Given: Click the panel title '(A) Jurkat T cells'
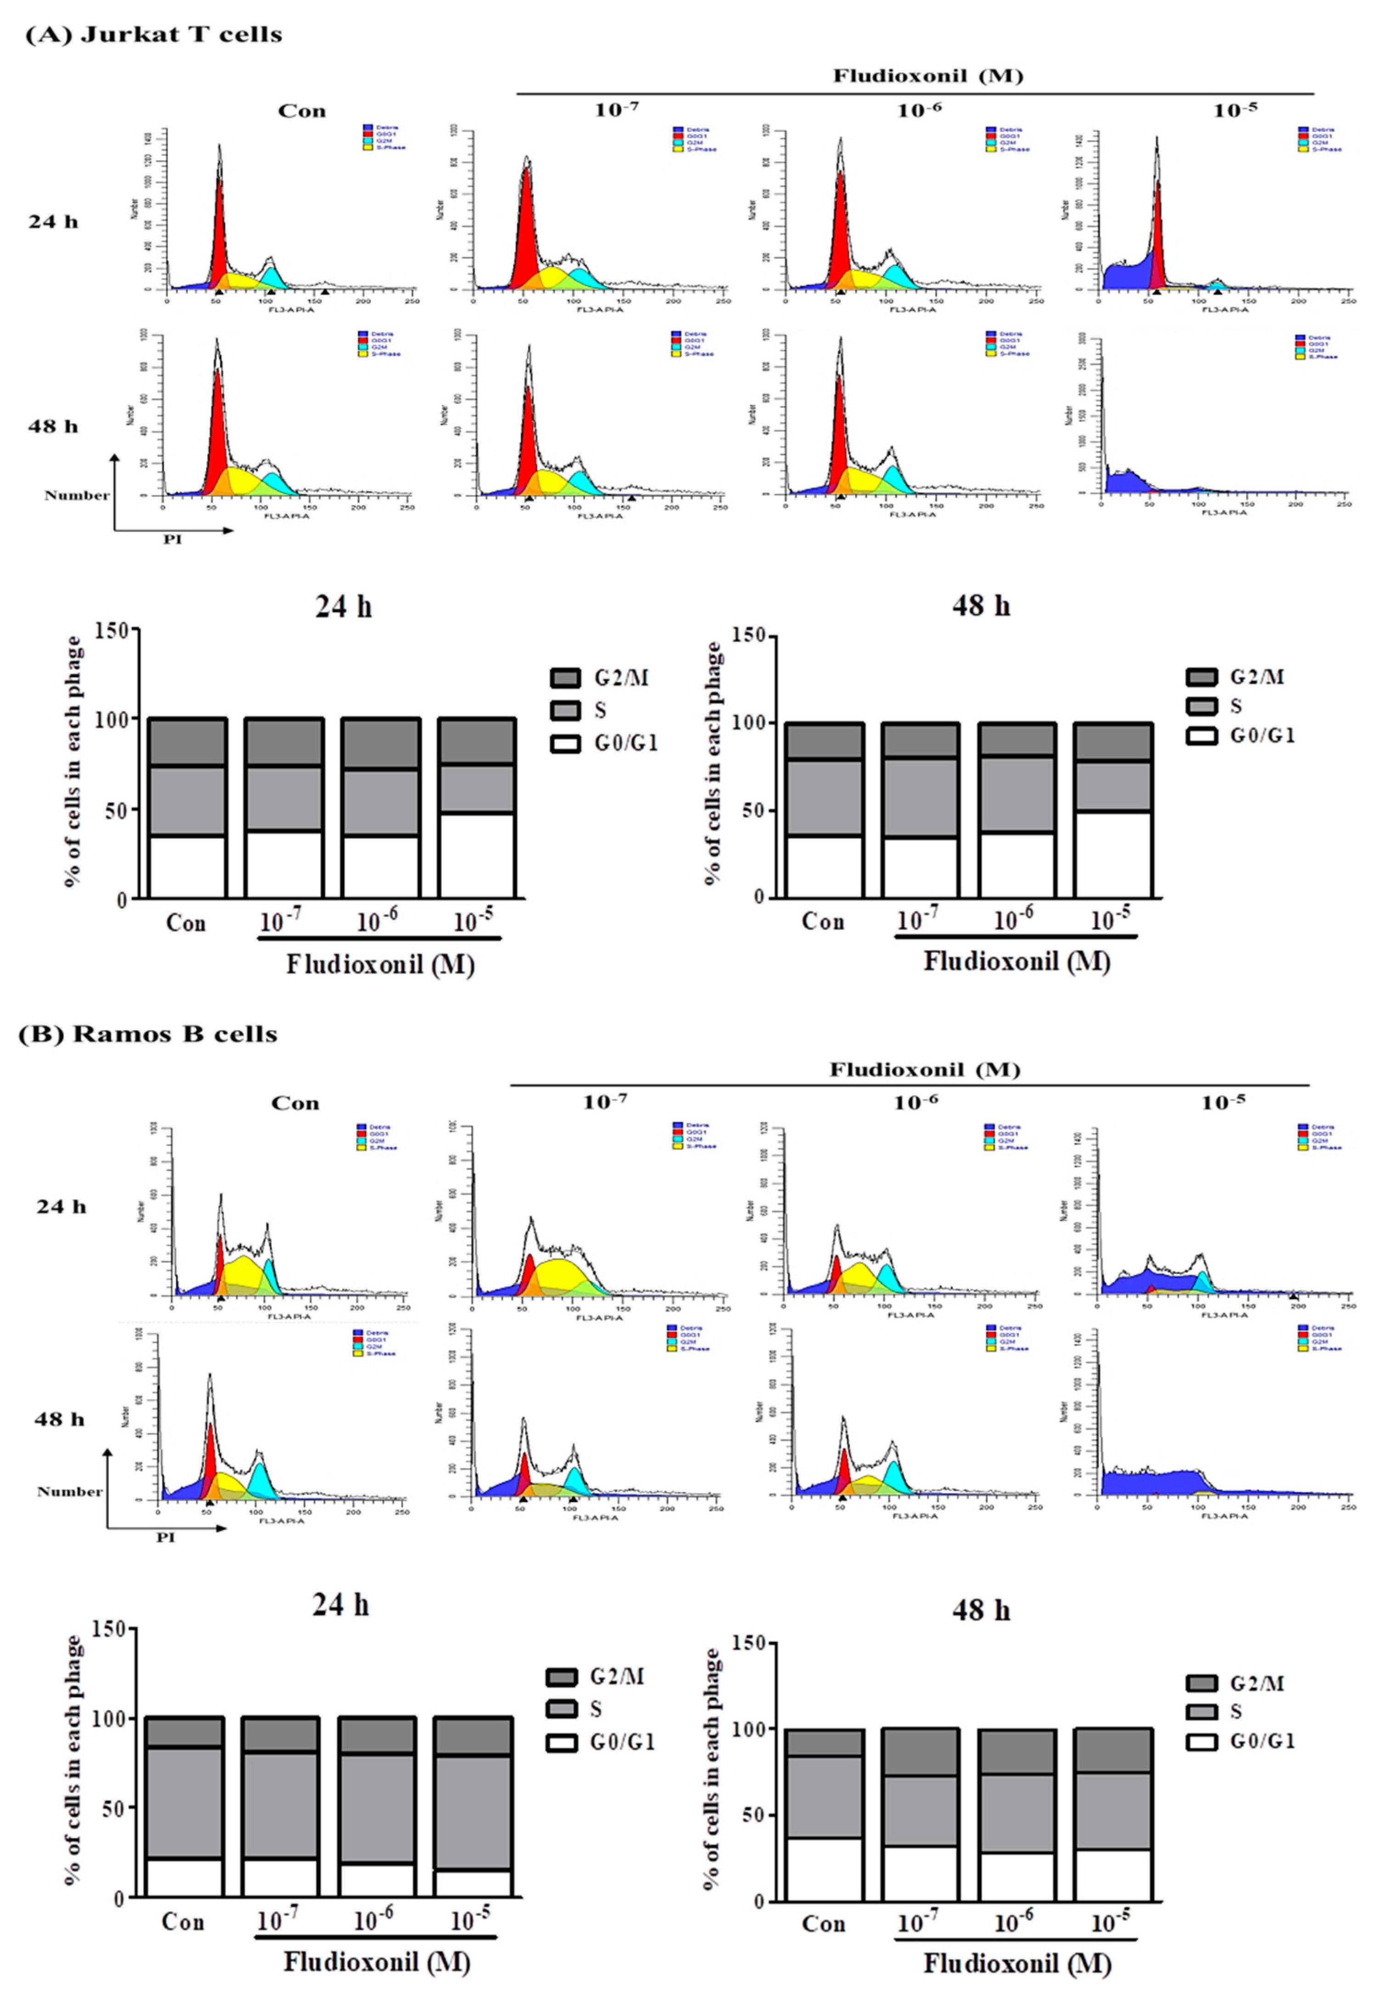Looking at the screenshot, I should [x=154, y=34].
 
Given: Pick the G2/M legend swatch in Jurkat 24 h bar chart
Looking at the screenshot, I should [x=565, y=678].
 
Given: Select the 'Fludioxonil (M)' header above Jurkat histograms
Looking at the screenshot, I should [x=928, y=76].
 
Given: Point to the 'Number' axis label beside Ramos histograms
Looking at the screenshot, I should [x=69, y=1492].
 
